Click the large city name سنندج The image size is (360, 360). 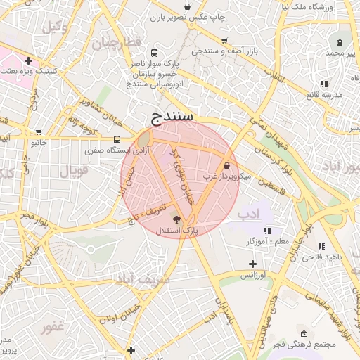172,116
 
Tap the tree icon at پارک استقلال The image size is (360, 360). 176,220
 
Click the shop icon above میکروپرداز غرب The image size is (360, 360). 226,165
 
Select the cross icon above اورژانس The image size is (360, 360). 252,264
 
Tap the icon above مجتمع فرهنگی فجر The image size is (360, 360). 303,333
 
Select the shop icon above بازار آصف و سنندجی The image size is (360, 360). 224,41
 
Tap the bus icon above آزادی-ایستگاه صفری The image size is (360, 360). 117,139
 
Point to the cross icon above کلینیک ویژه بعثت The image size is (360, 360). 27,60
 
